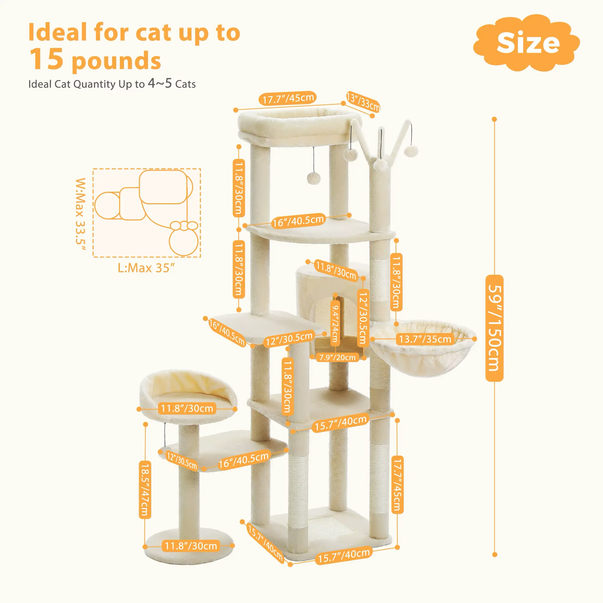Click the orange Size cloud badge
(x=527, y=43)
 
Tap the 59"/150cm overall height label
(x=494, y=328)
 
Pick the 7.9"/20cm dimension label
(x=337, y=357)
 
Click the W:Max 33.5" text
(x=81, y=215)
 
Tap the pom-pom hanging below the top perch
(x=313, y=178)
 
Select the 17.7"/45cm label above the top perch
(x=288, y=98)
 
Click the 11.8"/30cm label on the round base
(x=191, y=546)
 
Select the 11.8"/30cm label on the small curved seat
(x=187, y=409)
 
